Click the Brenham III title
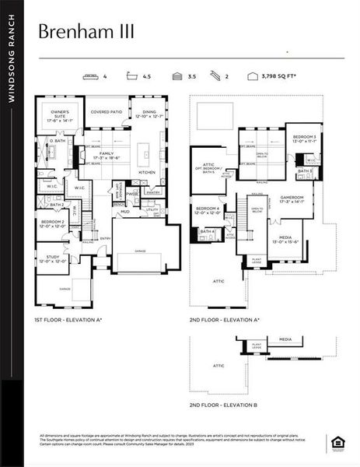click(x=86, y=31)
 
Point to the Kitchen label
click(x=147, y=172)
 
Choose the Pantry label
click(x=153, y=192)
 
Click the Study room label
click(x=52, y=258)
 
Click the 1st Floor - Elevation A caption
click(x=68, y=320)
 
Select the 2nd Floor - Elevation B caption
click(x=224, y=406)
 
